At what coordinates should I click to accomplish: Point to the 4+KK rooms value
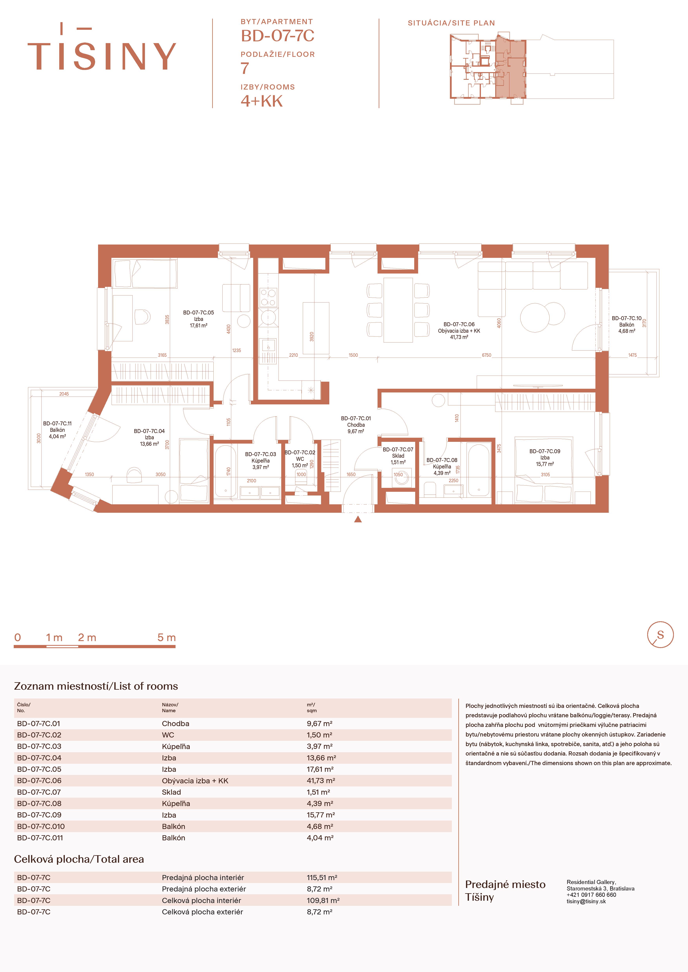[261, 101]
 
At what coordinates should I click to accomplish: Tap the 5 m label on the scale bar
[167, 638]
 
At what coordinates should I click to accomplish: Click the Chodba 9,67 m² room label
[356, 425]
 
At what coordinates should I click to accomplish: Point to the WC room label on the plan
[300, 459]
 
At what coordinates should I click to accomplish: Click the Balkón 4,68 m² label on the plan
[627, 325]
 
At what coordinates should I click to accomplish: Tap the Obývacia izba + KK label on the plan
[459, 331]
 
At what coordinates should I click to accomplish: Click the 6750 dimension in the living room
[486, 355]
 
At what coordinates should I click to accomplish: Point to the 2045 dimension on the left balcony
[64, 394]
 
